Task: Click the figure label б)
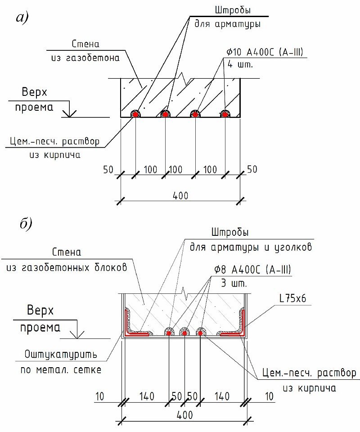point(24,224)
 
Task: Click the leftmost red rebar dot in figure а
point(135,114)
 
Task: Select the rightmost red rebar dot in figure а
point(225,114)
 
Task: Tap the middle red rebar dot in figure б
point(184,333)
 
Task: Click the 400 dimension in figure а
point(180,195)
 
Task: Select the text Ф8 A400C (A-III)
point(252,270)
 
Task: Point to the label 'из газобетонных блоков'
point(67,267)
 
